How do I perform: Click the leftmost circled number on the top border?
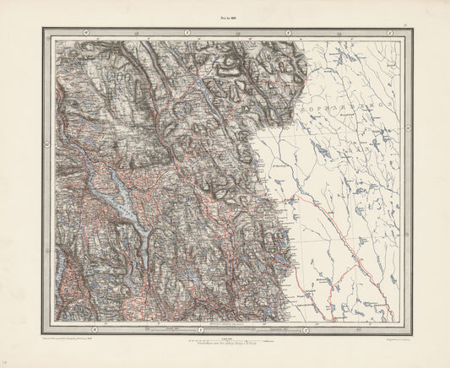[x=85, y=33]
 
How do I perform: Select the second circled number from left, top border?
[x=187, y=33]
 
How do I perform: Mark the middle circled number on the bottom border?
[x=198, y=329]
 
